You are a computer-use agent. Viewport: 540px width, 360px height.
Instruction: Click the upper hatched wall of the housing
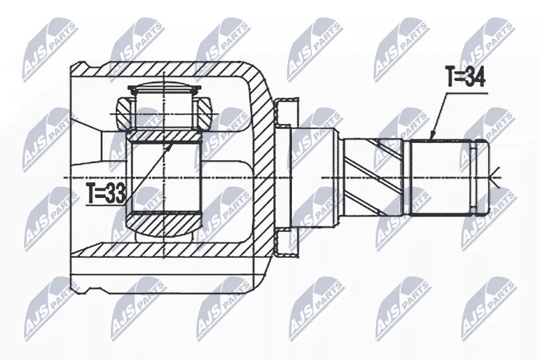click(x=163, y=70)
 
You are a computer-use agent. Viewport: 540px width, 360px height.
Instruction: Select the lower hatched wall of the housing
click(x=163, y=250)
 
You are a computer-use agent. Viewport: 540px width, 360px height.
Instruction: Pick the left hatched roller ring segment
click(x=124, y=111)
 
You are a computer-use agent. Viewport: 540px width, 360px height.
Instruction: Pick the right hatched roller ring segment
click(x=204, y=111)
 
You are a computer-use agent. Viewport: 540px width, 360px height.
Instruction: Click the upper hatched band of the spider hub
click(x=163, y=136)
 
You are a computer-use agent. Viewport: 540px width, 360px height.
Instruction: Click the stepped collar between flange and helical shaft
click(x=313, y=177)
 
